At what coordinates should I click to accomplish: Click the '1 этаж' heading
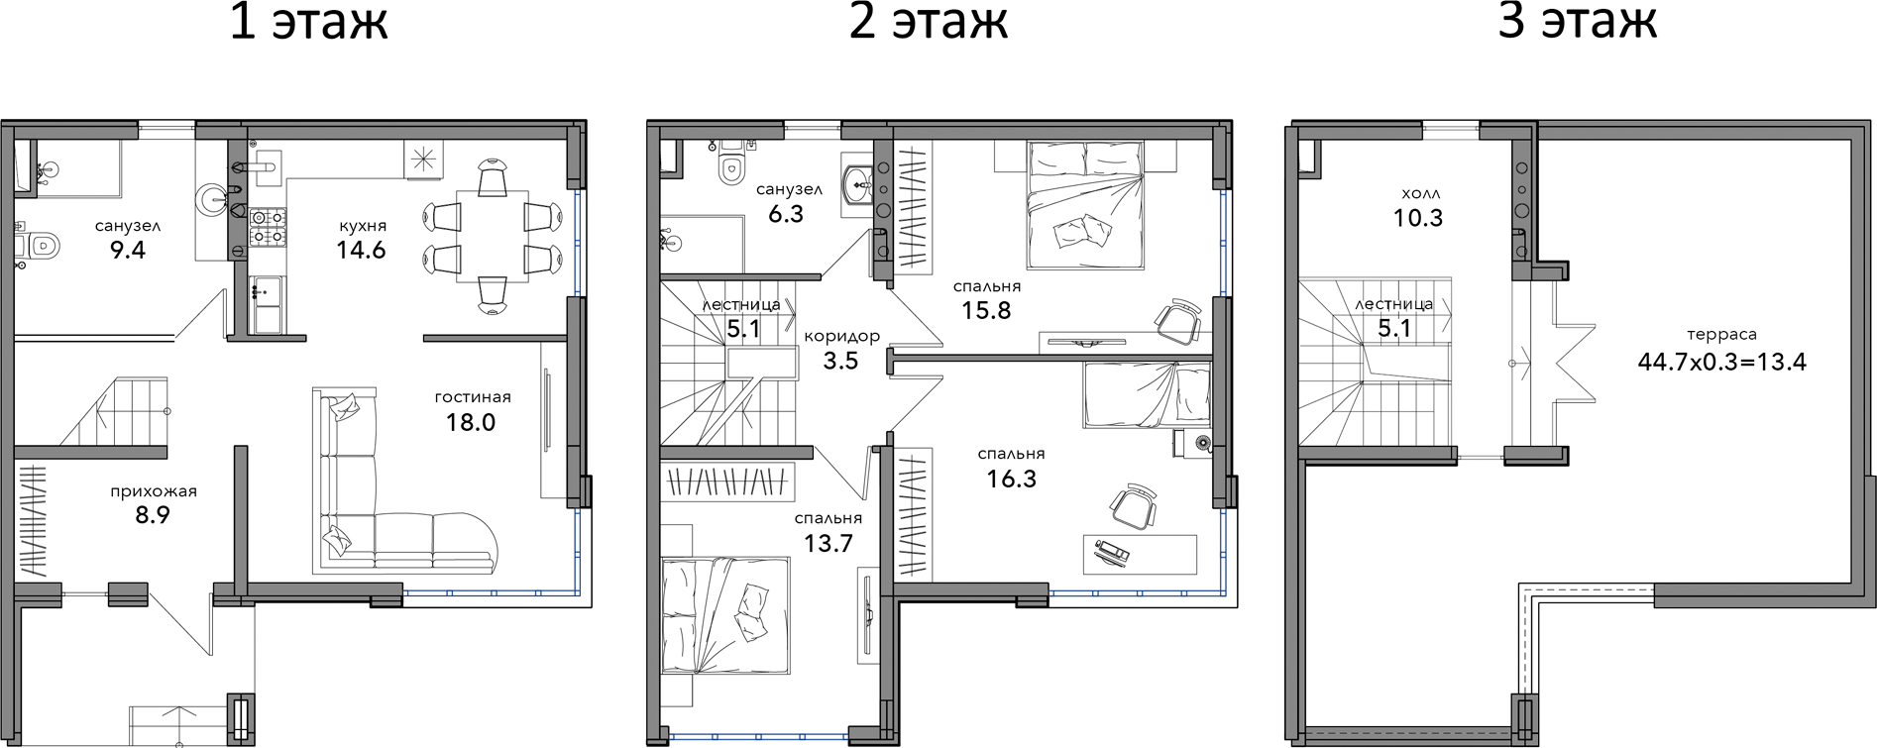pos(308,22)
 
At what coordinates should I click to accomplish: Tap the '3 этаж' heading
pos(1578,22)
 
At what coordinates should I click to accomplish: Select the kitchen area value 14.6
pos(361,250)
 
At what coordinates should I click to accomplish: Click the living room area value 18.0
pos(471,422)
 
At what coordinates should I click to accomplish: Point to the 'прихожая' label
pos(154,491)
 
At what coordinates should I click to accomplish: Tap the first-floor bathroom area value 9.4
pos(128,250)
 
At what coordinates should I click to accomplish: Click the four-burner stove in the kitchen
pos(267,226)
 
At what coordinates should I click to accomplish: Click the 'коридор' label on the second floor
pos(841,337)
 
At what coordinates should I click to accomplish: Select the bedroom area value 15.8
pos(986,310)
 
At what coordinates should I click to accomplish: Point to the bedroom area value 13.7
pos(828,543)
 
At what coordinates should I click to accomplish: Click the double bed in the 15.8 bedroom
pos(1085,205)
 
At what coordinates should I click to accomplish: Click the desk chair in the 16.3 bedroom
pos(1132,506)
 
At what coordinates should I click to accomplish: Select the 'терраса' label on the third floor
pos(1721,335)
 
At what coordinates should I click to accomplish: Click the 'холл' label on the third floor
pos(1421,193)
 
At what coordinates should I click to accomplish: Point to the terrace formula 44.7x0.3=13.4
pos(1721,361)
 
